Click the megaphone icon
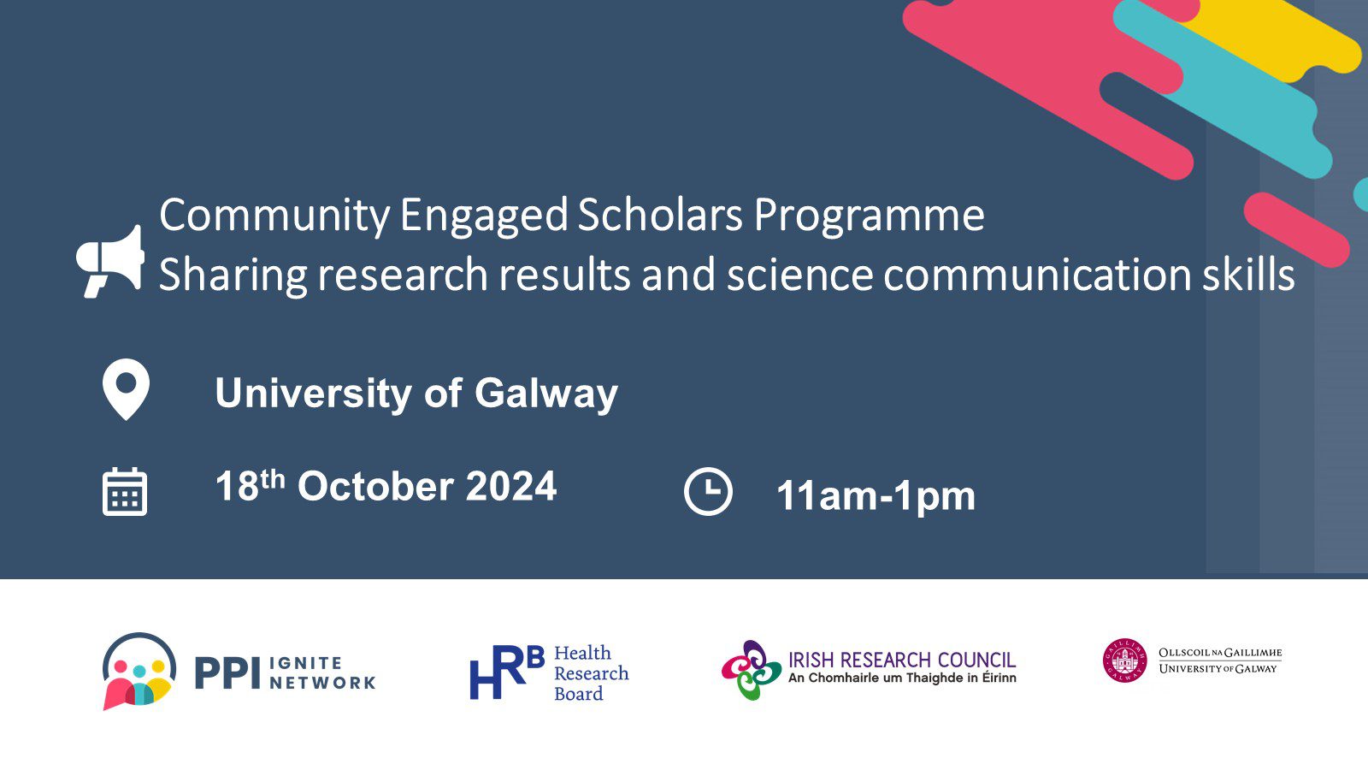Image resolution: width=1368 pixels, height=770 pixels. tap(110, 262)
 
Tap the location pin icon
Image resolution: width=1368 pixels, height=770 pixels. tap(126, 388)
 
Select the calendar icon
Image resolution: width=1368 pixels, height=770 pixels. tap(125, 492)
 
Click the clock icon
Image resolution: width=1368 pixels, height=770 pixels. tap(708, 491)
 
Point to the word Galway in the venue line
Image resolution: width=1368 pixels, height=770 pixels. tap(546, 394)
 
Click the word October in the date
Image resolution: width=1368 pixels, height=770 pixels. tap(375, 487)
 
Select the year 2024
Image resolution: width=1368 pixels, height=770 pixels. tap(511, 487)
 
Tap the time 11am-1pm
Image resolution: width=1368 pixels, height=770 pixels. tap(876, 495)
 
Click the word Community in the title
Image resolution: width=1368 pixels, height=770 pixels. tap(274, 216)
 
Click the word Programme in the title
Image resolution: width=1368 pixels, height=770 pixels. tap(869, 217)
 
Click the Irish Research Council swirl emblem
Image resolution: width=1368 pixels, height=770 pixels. tap(752, 671)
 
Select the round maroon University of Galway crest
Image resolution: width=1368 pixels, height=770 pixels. tap(1125, 660)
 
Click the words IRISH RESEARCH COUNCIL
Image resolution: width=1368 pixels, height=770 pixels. tap(902, 660)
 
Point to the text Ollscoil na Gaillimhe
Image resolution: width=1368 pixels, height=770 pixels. tap(1220, 653)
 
